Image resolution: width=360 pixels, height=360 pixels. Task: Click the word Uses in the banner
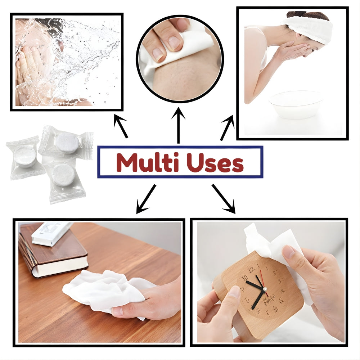[216, 163]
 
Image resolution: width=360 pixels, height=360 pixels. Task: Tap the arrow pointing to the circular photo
[178, 126]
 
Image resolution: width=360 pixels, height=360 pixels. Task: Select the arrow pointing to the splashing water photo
[121, 126]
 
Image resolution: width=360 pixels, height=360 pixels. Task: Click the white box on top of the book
[52, 234]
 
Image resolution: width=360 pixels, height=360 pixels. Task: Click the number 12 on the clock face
[251, 269]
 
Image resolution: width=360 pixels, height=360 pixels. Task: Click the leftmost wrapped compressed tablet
[24, 157]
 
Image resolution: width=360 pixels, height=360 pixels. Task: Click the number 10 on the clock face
[245, 278]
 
